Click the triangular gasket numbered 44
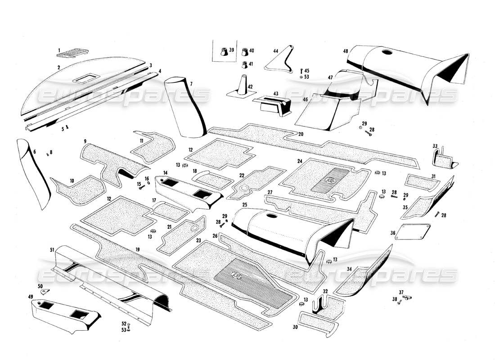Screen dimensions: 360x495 tap(278, 62)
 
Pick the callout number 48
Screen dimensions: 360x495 tap(346, 51)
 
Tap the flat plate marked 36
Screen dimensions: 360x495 tap(413, 231)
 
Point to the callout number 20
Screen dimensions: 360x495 tap(301, 134)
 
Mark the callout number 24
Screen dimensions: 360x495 tap(299, 161)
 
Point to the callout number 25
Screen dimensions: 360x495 tap(245, 205)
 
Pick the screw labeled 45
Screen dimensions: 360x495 tap(301, 71)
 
